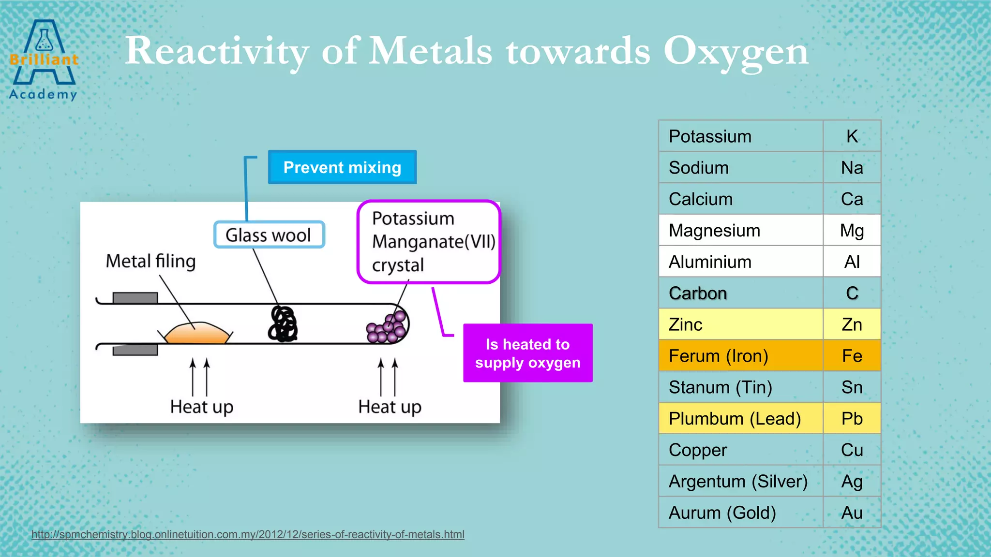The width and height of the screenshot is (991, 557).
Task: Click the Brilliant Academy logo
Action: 44,60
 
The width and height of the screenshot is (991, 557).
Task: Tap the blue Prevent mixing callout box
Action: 342,167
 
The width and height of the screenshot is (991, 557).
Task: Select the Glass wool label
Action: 269,235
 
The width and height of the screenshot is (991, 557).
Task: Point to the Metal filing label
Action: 150,261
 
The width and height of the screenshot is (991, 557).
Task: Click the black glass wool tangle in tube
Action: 283,324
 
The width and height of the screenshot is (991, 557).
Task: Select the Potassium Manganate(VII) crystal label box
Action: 429,241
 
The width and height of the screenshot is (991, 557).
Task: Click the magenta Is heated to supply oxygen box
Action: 527,353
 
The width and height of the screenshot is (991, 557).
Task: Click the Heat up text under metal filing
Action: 201,407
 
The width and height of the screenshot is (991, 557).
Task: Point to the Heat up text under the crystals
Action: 390,407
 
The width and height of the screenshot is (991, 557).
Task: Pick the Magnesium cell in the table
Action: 740,230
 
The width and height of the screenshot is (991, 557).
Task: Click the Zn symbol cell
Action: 852,324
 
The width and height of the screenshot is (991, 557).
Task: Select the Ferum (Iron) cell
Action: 740,356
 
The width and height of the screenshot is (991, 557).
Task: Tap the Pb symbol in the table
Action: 852,419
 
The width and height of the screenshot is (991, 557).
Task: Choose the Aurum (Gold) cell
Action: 740,513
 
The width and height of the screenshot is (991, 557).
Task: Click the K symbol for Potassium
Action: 852,136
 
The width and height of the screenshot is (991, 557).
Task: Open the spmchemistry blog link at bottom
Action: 248,534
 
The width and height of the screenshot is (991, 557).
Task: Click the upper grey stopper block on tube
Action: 135,298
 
